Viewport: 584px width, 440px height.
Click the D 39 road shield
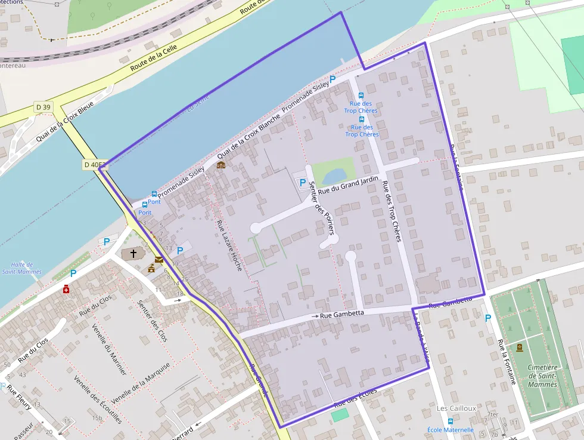[x=44, y=107]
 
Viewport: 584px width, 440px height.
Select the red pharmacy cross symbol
[x=66, y=289]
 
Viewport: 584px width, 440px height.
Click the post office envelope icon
[x=159, y=260]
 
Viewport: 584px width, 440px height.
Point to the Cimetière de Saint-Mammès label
[x=542, y=376]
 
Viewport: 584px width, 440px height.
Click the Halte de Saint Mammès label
[x=22, y=268]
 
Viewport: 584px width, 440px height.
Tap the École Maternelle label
[x=451, y=430]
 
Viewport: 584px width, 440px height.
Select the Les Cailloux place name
[x=456, y=408]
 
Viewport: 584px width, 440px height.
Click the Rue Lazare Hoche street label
[x=230, y=245]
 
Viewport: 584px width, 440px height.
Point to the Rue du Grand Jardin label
[x=349, y=184]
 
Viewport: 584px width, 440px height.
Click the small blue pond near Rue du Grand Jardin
[x=334, y=174]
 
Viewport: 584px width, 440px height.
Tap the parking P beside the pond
[x=303, y=183]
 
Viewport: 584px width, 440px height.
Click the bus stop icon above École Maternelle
[x=451, y=421]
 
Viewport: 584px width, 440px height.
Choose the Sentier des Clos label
[x=153, y=321]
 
